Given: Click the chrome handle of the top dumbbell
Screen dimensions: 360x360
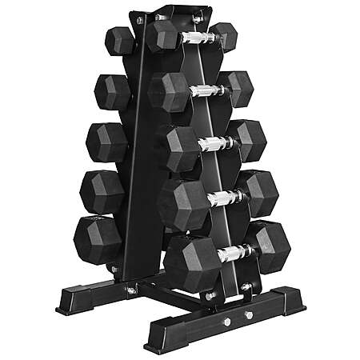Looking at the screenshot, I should click(194, 38).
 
